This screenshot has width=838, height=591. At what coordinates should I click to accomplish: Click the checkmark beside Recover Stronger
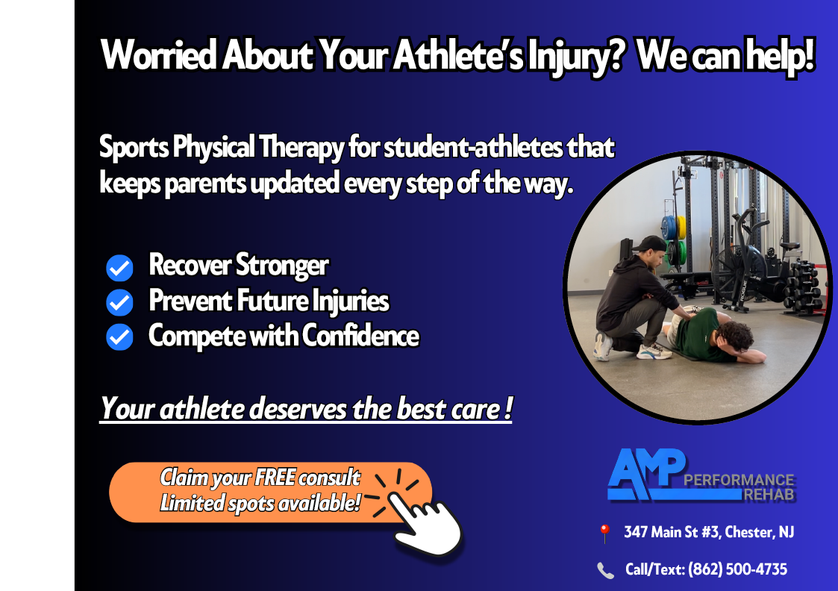(x=119, y=268)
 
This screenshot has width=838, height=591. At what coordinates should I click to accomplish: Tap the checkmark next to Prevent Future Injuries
(x=119, y=302)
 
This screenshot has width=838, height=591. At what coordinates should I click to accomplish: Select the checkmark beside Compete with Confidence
(x=119, y=337)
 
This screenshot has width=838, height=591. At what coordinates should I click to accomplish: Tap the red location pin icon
(x=604, y=534)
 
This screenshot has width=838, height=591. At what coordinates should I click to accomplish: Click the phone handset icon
(x=605, y=571)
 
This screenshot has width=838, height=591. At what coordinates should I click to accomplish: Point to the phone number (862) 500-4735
(x=737, y=569)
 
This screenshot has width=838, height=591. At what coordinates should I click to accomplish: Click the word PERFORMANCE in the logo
(x=739, y=479)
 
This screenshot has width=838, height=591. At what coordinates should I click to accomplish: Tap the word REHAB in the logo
(x=769, y=495)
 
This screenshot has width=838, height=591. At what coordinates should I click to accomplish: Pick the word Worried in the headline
(x=159, y=54)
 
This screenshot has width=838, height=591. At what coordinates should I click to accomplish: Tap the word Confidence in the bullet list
(x=360, y=336)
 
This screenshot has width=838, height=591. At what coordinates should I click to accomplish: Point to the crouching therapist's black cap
(x=651, y=243)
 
